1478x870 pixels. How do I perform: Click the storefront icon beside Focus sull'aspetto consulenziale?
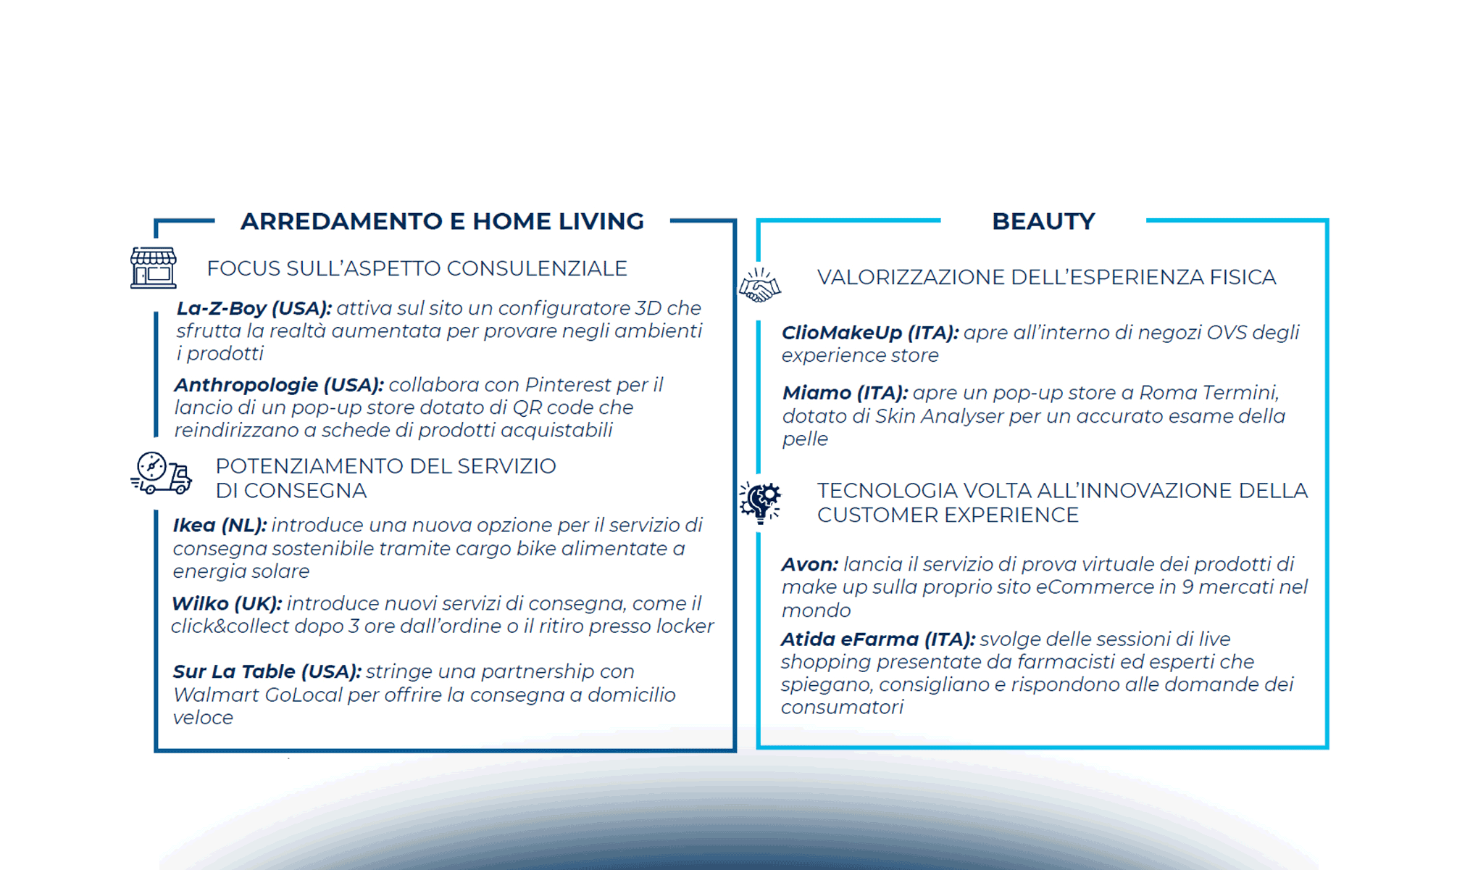(x=154, y=268)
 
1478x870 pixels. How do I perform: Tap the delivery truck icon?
(x=161, y=473)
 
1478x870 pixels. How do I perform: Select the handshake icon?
(x=759, y=285)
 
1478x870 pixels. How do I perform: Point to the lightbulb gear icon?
(x=760, y=502)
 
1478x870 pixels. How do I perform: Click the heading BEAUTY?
(x=1043, y=221)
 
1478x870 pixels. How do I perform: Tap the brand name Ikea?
(x=194, y=525)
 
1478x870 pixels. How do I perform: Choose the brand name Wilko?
(x=199, y=603)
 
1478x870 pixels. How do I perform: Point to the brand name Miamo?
(x=817, y=393)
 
